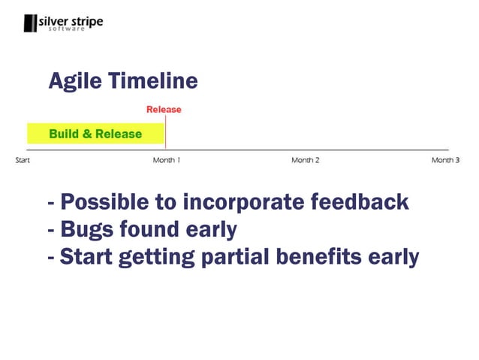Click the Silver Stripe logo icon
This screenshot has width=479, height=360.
pos(30,23)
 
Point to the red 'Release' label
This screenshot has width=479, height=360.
pos(164,110)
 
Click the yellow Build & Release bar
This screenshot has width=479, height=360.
pos(95,134)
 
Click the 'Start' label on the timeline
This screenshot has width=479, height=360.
pos(23,160)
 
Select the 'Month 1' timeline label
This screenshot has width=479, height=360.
pos(166,160)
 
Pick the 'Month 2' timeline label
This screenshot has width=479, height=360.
pos(306,160)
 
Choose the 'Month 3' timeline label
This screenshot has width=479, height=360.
pos(445,160)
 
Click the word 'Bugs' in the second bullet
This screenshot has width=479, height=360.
pos(87,230)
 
